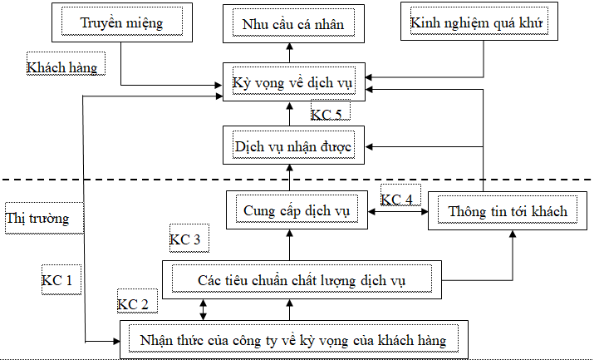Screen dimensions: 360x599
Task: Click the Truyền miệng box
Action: (x=121, y=22)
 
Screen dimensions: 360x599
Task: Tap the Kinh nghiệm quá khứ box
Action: (x=477, y=22)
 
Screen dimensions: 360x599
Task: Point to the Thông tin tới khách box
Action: (x=508, y=211)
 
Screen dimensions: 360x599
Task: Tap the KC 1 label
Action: (x=56, y=281)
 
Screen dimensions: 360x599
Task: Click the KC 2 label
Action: (x=134, y=303)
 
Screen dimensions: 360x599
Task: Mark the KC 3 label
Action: (x=184, y=239)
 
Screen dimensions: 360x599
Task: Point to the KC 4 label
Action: (x=396, y=200)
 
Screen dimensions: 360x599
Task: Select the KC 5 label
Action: (x=326, y=113)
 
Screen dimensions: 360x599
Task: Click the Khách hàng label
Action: (x=61, y=67)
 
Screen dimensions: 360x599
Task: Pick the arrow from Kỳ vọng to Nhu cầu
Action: (x=290, y=51)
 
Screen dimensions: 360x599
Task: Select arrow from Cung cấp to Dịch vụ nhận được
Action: (x=290, y=177)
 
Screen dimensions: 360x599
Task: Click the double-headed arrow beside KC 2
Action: (x=203, y=308)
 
